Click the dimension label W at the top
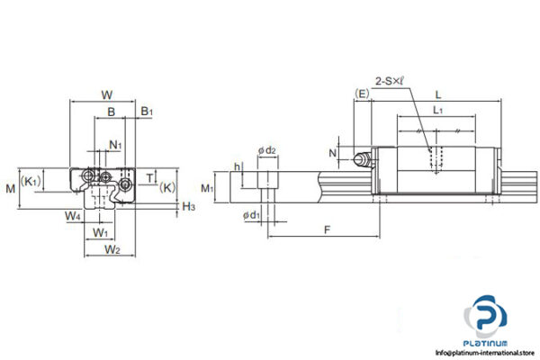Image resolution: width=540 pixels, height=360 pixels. click(x=106, y=94)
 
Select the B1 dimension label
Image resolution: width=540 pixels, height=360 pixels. click(x=146, y=112)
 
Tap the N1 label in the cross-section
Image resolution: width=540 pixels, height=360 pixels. click(x=115, y=144)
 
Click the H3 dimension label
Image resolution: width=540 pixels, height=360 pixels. click(x=187, y=207)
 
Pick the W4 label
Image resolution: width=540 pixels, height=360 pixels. click(x=73, y=216)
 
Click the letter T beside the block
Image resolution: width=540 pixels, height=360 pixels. click(x=148, y=176)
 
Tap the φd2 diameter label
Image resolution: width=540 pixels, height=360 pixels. click(x=267, y=151)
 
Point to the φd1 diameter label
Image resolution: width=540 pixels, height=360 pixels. click(x=252, y=216)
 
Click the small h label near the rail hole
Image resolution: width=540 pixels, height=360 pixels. click(x=236, y=167)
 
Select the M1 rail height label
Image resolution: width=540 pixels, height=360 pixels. click(x=207, y=188)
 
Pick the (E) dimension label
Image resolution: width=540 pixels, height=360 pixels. click(x=362, y=94)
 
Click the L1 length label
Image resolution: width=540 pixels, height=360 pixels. click(x=438, y=110)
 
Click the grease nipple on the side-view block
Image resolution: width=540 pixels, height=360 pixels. click(x=362, y=161)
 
